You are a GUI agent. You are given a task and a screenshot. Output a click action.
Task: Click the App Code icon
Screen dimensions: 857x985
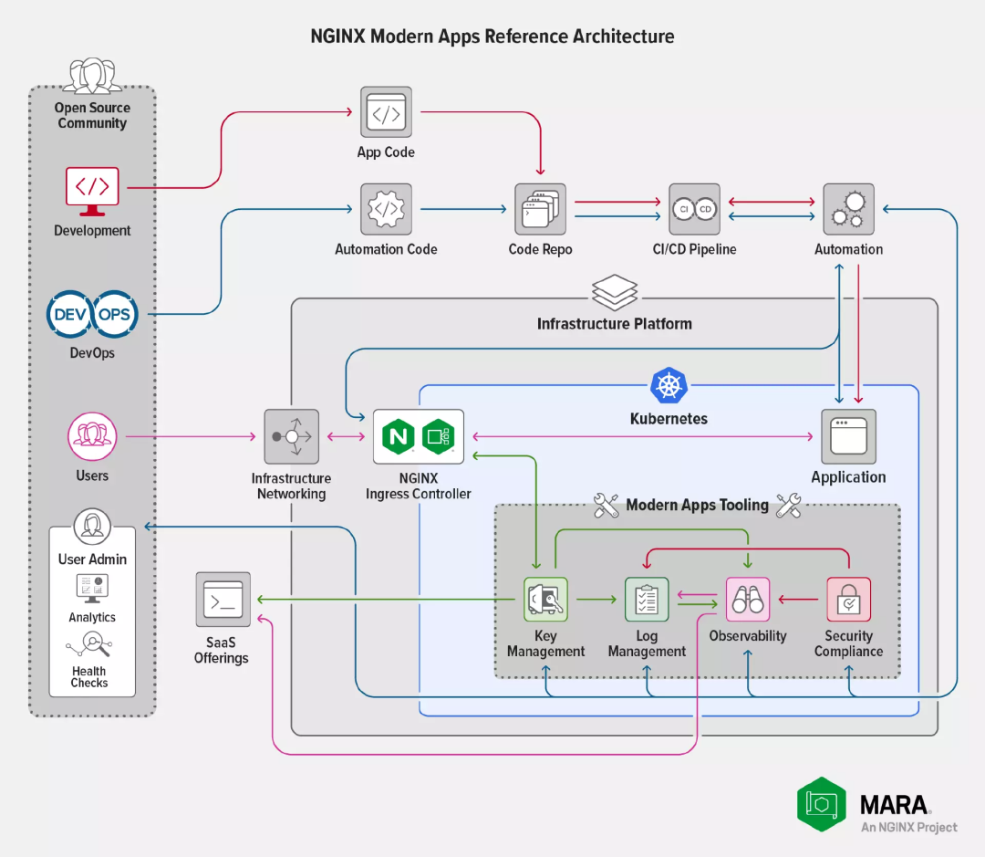386,113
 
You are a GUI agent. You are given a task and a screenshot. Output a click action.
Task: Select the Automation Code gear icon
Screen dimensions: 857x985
386,209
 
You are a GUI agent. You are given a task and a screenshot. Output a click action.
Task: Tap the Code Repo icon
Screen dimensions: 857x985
540,209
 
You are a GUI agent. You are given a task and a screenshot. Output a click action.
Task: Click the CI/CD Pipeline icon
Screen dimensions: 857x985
694,209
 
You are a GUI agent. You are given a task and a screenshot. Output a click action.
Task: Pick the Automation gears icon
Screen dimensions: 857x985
848,209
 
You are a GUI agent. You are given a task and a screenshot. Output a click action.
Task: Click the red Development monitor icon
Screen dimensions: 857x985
92,187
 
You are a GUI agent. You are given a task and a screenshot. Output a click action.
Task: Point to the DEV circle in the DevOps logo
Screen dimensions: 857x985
70,315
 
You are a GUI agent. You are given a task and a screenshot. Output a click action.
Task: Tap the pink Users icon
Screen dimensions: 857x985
92,436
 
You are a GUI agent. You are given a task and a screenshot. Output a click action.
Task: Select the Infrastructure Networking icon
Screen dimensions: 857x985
291,436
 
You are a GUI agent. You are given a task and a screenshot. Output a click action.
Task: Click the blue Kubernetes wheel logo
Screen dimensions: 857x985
669,385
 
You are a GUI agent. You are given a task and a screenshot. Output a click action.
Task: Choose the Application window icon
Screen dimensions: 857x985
848,436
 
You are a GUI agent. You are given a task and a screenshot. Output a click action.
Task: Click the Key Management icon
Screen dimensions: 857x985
545,600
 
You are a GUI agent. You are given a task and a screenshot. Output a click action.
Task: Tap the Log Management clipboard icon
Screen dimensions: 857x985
647,600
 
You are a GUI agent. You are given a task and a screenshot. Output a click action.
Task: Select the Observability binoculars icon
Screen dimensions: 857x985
748,600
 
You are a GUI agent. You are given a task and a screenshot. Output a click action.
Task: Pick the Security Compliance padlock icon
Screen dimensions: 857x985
848,600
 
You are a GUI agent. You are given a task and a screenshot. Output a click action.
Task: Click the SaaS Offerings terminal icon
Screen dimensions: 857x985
223,599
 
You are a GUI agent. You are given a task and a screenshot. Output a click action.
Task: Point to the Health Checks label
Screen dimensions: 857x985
89,676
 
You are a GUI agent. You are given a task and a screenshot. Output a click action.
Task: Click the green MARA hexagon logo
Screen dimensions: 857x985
821,804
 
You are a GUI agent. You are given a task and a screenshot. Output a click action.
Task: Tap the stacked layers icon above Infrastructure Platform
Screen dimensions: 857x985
615,292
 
